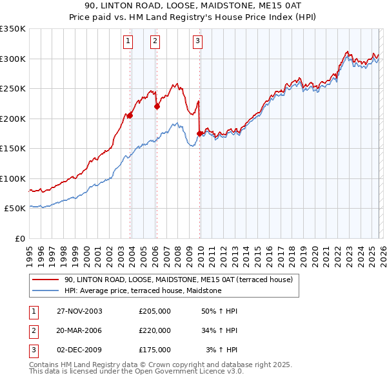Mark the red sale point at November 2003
(x=130, y=116)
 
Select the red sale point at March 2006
(x=157, y=107)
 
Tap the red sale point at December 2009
(x=199, y=134)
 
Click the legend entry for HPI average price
(x=143, y=291)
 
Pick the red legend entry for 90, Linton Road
(x=179, y=280)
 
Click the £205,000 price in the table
(x=155, y=311)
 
